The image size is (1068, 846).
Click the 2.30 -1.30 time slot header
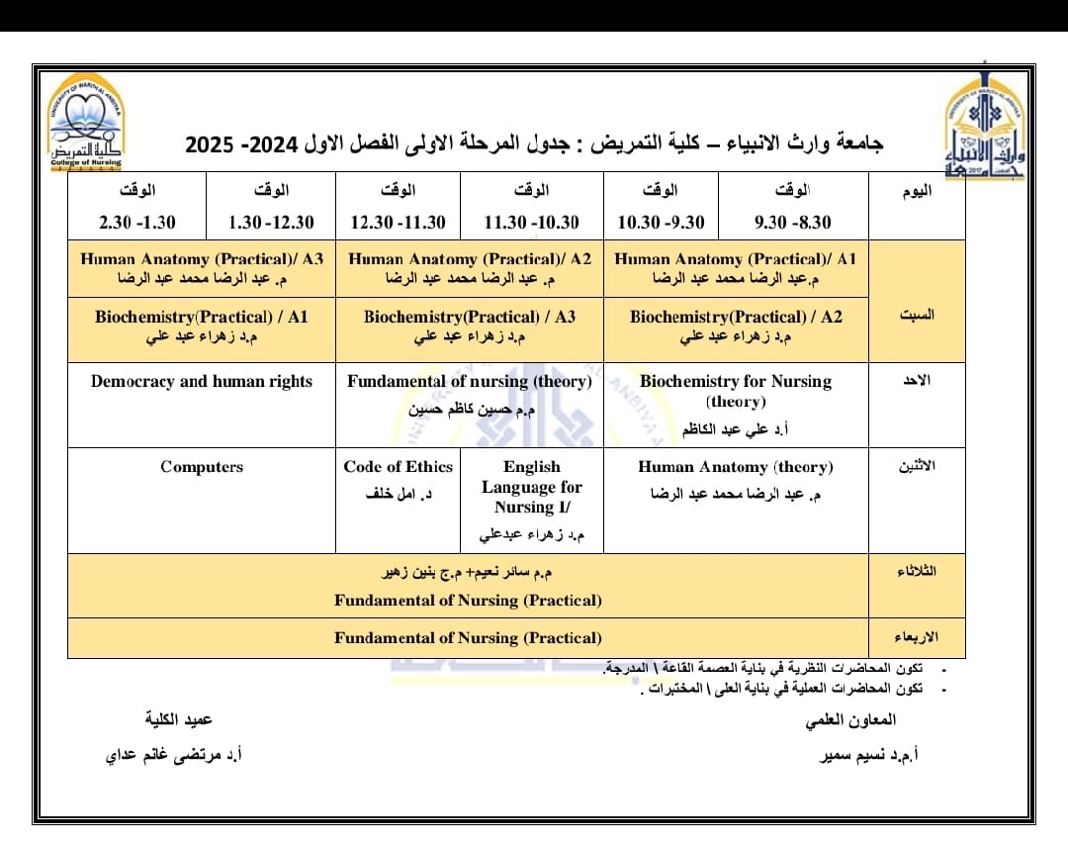click(x=137, y=223)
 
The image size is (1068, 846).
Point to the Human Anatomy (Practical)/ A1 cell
click(x=736, y=268)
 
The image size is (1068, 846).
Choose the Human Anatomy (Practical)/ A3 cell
click(x=202, y=268)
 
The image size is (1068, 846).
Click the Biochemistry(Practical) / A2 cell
click(x=736, y=327)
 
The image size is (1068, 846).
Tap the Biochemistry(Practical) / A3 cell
click(x=470, y=327)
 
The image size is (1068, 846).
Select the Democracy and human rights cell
click(x=202, y=382)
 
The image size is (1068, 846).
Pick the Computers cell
click(x=202, y=467)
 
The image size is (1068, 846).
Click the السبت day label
click(x=917, y=315)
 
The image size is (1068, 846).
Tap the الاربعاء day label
click(x=916, y=636)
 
